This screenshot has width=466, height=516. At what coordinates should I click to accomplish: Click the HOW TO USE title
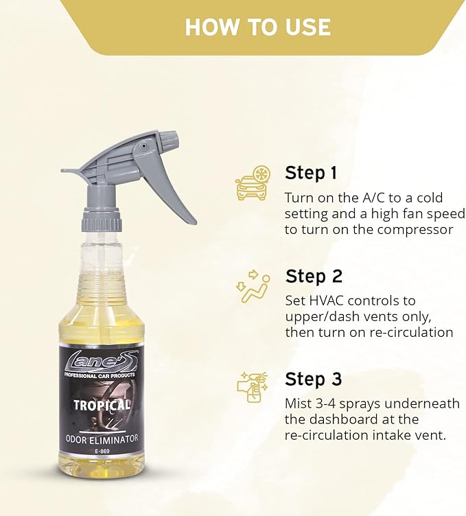click(257, 27)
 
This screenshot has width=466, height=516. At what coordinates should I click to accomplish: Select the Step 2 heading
click(314, 276)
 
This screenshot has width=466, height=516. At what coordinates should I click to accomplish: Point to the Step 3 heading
click(314, 379)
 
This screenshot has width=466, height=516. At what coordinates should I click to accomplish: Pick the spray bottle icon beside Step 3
click(253, 389)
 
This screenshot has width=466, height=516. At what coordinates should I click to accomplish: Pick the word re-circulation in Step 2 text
click(410, 332)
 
